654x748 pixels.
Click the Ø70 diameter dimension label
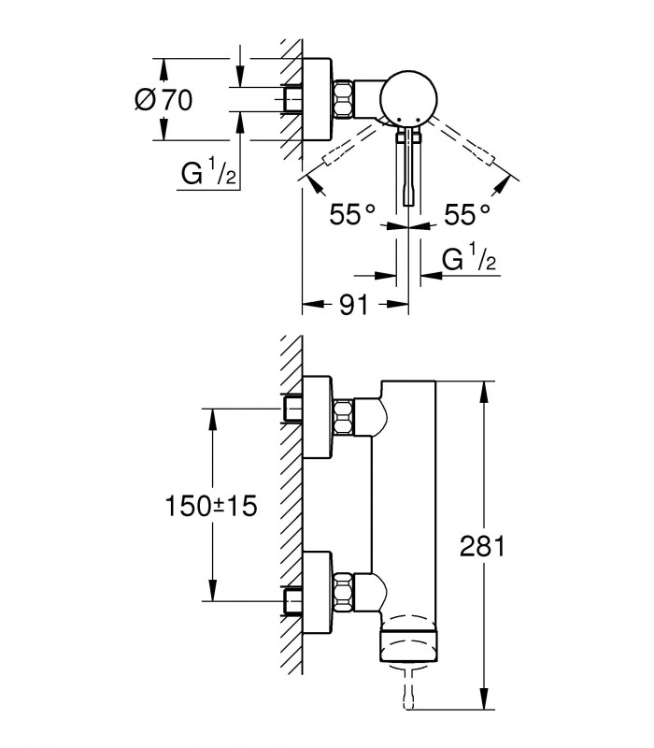tap(163, 100)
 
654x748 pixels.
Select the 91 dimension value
tap(354, 305)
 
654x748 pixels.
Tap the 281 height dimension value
tap(482, 546)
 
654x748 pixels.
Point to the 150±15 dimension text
tap(211, 506)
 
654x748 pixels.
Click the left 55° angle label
tap(352, 215)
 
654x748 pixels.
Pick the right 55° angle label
tap(467, 215)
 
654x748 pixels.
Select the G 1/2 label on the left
tap(208, 174)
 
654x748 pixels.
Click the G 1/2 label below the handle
tap(469, 259)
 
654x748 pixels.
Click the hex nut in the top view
tap(343, 100)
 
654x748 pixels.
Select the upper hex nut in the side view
tap(343, 417)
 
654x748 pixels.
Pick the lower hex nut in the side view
tap(343, 592)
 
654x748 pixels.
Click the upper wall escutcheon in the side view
tap(317, 417)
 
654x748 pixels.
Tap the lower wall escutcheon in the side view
tap(317, 593)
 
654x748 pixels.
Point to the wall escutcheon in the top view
tap(317, 100)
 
